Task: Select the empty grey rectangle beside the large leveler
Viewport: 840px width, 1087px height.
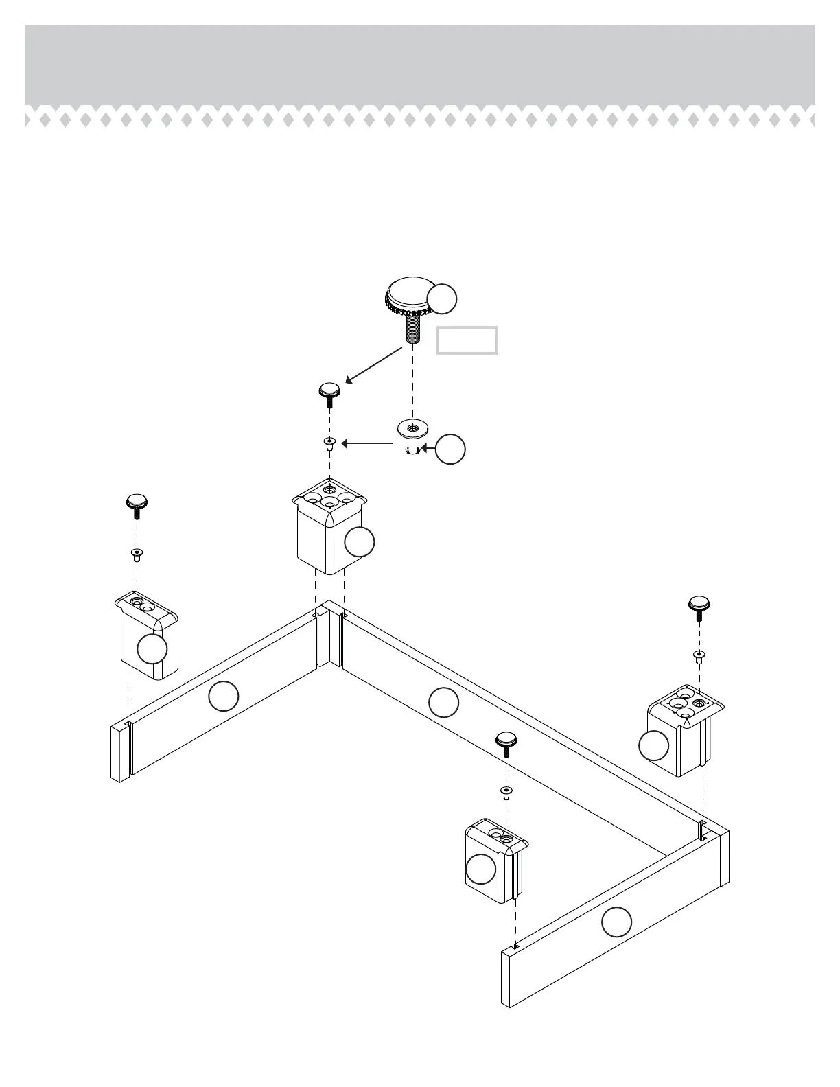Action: pyautogui.click(x=467, y=340)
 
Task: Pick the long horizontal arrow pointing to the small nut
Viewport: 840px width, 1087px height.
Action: pyautogui.click(x=368, y=444)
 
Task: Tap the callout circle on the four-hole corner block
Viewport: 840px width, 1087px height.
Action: pyautogui.click(x=360, y=541)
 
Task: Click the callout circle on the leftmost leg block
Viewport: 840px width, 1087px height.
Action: pyautogui.click(x=152, y=648)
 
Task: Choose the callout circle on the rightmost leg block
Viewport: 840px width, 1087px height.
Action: pyautogui.click(x=653, y=745)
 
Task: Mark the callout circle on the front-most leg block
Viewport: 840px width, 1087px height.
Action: pyautogui.click(x=480, y=869)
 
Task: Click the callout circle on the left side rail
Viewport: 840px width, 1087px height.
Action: pyautogui.click(x=223, y=697)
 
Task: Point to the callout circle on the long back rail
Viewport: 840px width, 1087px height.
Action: pyautogui.click(x=443, y=701)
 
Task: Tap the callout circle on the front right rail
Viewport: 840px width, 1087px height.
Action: pyautogui.click(x=616, y=922)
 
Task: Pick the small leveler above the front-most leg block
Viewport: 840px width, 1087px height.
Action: pyautogui.click(x=506, y=743)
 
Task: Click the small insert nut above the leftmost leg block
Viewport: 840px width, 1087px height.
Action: pyautogui.click(x=137, y=554)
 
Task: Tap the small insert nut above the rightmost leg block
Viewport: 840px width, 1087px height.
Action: pyautogui.click(x=699, y=657)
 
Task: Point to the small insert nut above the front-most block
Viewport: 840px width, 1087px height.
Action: pyautogui.click(x=506, y=794)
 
